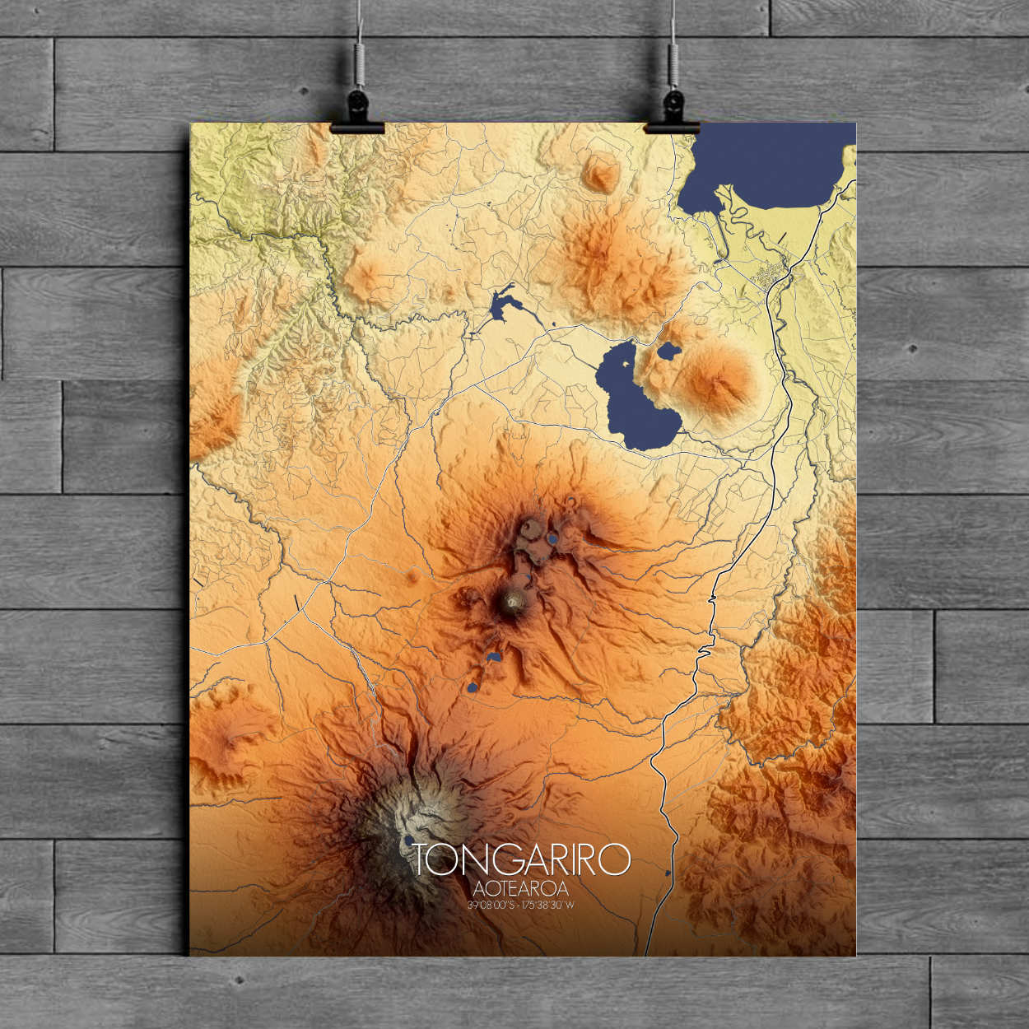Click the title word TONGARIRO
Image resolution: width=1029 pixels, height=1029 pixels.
[520, 860]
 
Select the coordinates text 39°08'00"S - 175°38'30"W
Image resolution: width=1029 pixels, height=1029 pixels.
[520, 905]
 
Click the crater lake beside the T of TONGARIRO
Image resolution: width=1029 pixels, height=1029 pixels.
[409, 840]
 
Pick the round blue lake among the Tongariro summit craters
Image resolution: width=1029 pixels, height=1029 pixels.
[552, 540]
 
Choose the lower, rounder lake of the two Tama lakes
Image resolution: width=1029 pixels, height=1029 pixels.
[473, 687]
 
